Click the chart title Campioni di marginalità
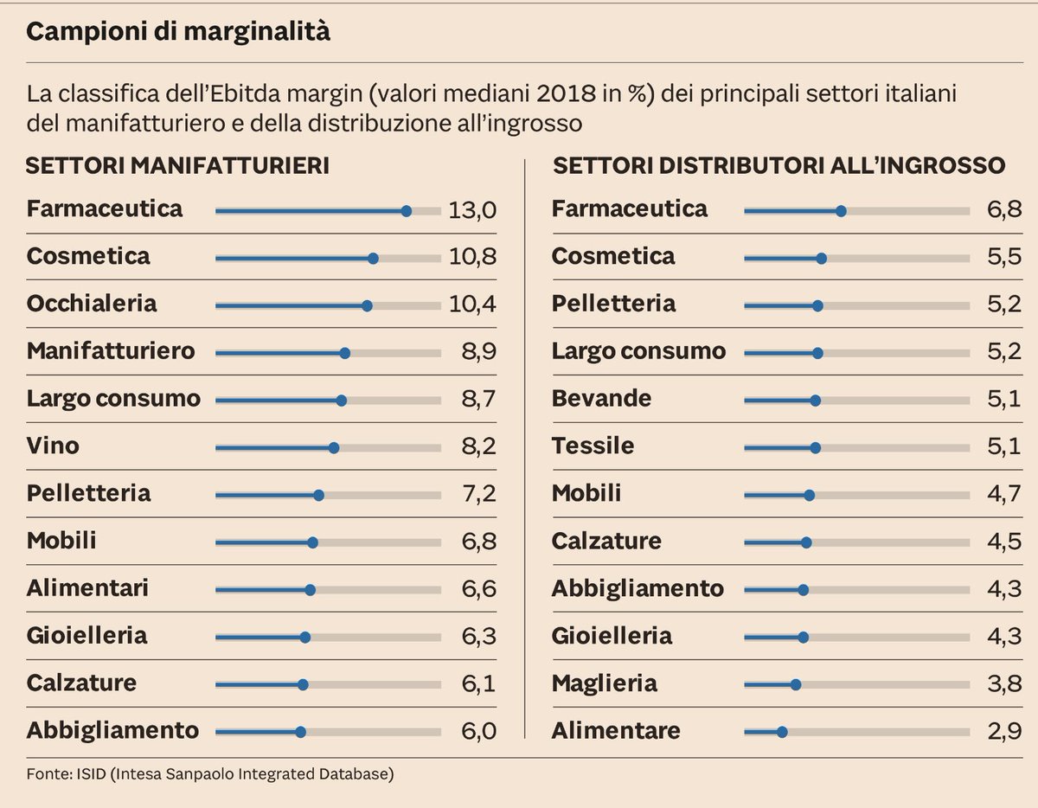[178, 33]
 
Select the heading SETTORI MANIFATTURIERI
[177, 165]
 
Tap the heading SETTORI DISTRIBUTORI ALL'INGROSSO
[778, 165]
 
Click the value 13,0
[472, 210]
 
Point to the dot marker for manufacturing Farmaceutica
[407, 210]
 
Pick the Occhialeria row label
[92, 304]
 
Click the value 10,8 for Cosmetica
[472, 258]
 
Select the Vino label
[53, 446]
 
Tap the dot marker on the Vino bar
[334, 447]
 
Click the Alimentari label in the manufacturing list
[87, 588]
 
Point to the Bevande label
[601, 399]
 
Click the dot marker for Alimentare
[782, 732]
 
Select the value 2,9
[1004, 731]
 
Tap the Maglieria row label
[605, 683]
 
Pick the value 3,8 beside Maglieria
[1004, 684]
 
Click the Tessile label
[593, 446]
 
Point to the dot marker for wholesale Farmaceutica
[841, 210]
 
